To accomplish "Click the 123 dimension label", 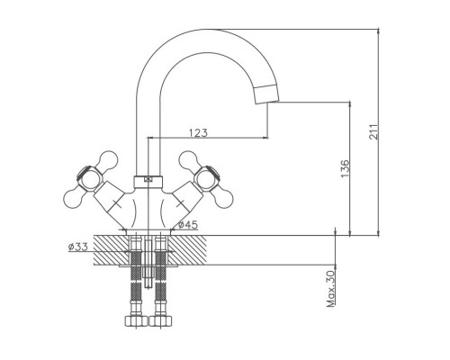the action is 198,132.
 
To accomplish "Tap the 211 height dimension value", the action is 373,131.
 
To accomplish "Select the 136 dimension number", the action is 346,168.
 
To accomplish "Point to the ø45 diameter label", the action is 188,225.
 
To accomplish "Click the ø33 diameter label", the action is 78,247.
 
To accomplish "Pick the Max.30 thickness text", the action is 330,289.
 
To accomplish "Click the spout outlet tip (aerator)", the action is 266,94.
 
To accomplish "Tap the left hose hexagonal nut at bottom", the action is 136,320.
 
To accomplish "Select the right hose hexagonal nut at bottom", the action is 161,320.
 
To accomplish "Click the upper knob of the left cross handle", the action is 107,160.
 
